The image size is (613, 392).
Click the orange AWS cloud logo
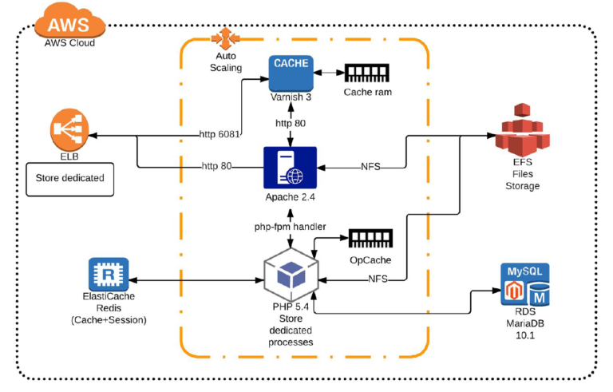tap(69, 20)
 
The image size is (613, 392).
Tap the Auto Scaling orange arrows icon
tap(225, 38)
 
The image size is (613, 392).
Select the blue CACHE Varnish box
tap(290, 73)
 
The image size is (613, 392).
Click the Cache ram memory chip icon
tap(368, 73)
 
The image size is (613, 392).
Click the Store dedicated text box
tap(70, 177)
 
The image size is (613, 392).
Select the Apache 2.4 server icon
tap(290, 168)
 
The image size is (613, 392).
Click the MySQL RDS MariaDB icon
tap(524, 285)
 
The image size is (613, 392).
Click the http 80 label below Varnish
tap(291, 124)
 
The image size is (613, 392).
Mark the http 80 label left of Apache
tap(216, 166)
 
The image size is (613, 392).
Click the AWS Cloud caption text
tap(69, 42)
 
